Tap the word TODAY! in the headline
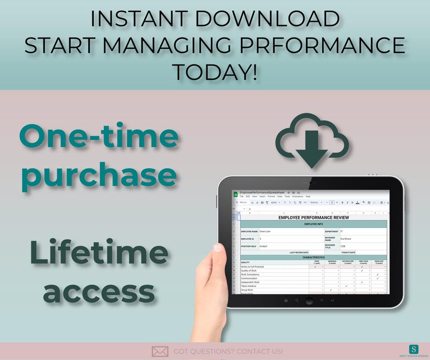[214, 71]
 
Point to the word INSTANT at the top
[139, 19]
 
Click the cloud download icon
[311, 140]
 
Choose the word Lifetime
[99, 254]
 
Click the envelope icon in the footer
[160, 351]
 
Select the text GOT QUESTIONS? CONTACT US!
[228, 351]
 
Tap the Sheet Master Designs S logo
[414, 349]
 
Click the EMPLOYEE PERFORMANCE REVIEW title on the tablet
[314, 217]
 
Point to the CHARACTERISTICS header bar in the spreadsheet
[314, 257]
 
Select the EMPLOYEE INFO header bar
[314, 223]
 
